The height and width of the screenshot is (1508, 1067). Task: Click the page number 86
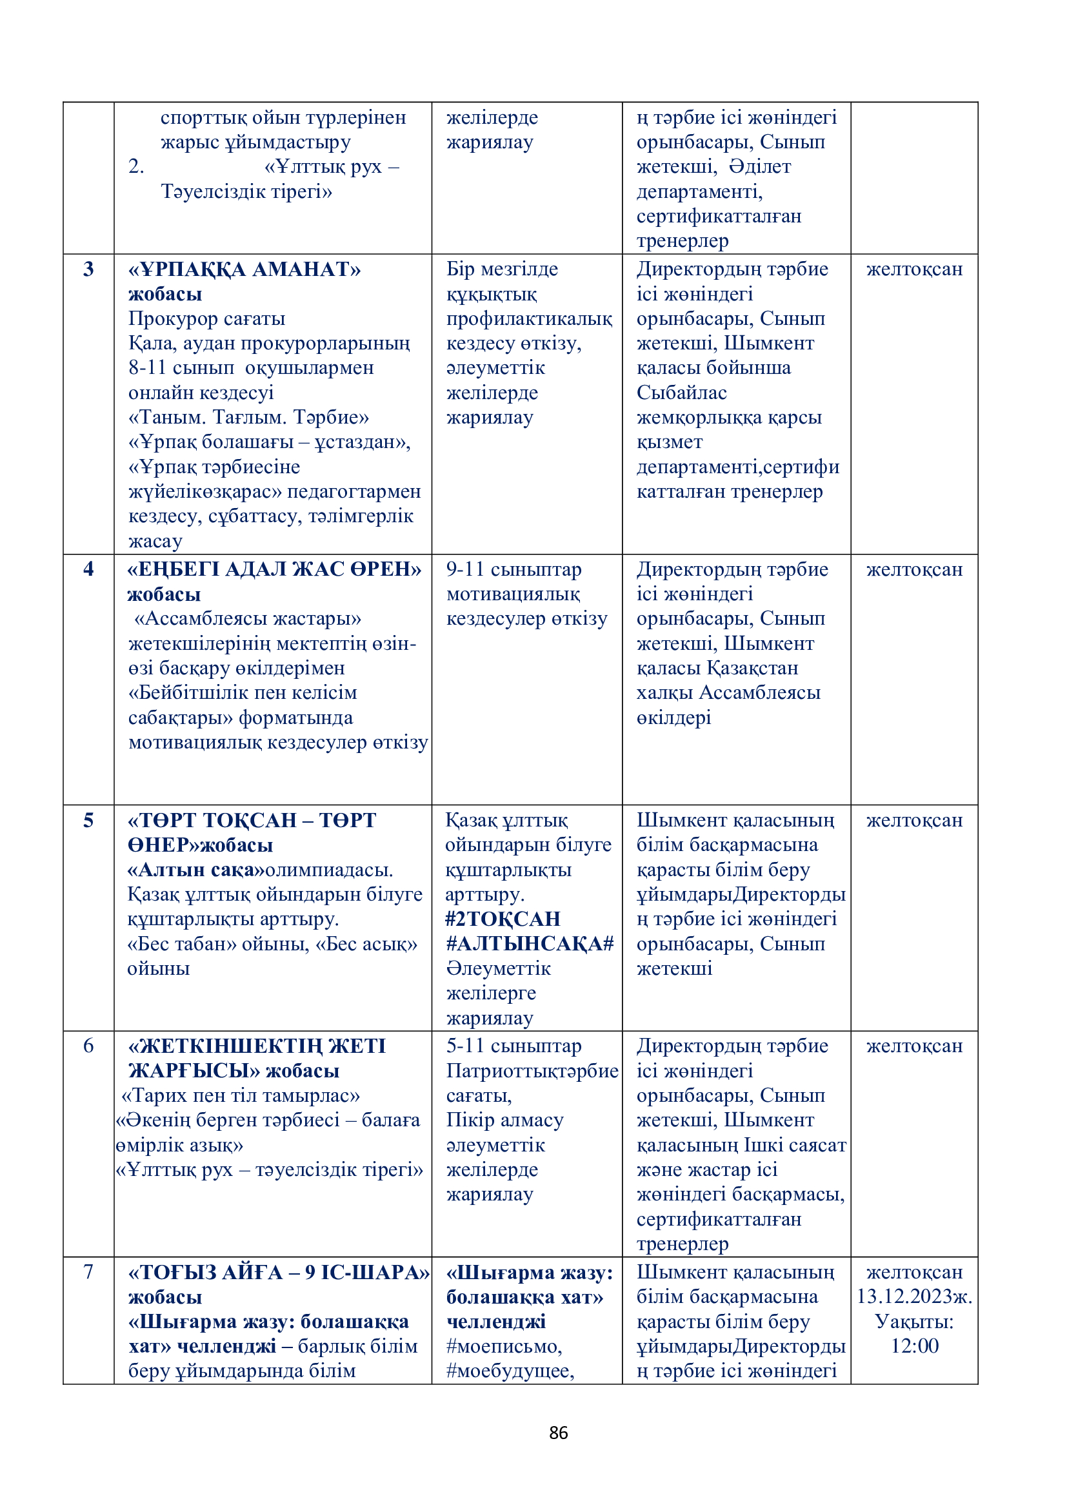(558, 1433)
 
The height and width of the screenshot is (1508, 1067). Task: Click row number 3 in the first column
(88, 269)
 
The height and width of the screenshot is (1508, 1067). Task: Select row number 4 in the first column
(88, 569)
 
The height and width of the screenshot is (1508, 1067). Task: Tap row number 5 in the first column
(88, 819)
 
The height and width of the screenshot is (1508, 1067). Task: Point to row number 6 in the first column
(88, 1046)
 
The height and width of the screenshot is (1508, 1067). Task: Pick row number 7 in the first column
(88, 1271)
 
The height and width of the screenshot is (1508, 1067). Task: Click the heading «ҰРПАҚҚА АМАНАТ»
(244, 269)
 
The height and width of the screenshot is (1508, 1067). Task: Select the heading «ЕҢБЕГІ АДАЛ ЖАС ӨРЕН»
(275, 569)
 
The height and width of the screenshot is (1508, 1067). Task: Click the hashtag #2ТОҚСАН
(503, 919)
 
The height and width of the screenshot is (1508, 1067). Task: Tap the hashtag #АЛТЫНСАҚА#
(530, 944)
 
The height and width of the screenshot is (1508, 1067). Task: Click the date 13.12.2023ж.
(914, 1297)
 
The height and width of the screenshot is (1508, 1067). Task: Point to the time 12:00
(914, 1346)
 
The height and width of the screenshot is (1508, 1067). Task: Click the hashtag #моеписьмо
(504, 1346)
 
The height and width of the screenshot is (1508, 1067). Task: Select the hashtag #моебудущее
(510, 1371)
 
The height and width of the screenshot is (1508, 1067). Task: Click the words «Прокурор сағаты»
(206, 318)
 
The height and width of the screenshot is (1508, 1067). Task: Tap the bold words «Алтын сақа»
(195, 870)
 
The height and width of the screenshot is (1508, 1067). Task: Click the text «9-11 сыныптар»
(514, 569)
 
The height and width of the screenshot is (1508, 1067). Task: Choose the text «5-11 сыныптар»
(514, 1046)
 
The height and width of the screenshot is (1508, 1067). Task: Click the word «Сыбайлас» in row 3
(681, 393)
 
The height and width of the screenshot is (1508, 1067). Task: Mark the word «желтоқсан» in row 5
(914, 820)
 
